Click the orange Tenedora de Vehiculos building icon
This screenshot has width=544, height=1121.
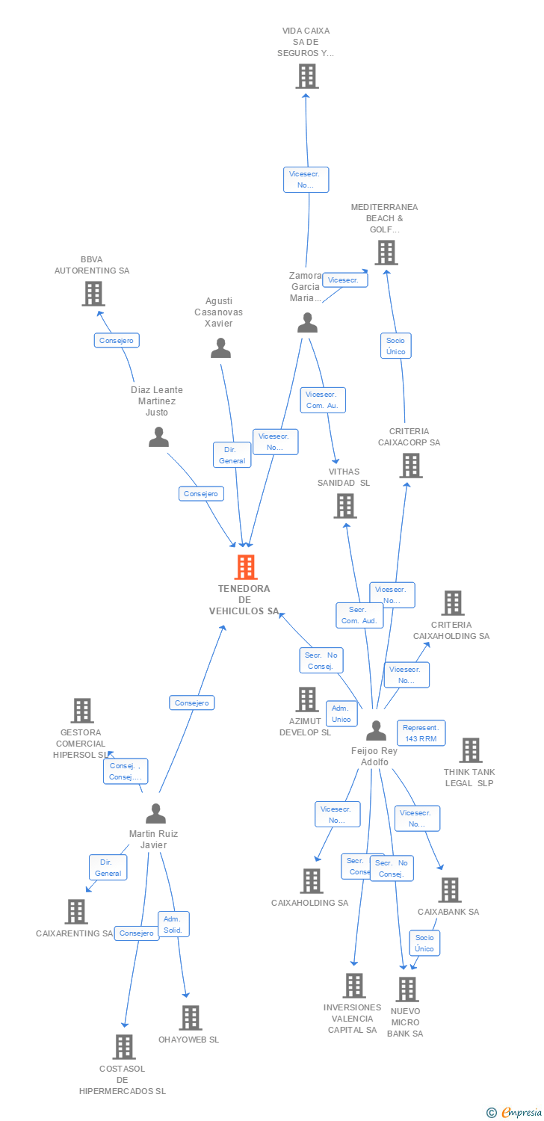246,567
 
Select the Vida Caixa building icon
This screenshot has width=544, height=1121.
306,76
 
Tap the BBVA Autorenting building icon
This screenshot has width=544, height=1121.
93,294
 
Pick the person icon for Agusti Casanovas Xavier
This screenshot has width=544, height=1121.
220,348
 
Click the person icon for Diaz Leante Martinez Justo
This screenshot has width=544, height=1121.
158,437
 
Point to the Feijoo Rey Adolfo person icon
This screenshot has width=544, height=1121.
376,730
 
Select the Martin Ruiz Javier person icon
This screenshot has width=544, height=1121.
155,813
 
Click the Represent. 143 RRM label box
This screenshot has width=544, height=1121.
421,733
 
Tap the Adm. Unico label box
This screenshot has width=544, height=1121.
341,714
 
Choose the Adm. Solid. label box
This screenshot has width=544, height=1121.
173,924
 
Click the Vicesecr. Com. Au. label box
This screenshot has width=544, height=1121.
322,400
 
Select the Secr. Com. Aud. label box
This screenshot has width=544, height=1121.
360,615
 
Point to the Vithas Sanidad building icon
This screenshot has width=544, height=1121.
345,506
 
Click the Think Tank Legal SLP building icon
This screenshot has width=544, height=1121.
470,750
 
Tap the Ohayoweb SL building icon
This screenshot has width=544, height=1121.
191,1018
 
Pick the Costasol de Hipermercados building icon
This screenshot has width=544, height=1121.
124,1047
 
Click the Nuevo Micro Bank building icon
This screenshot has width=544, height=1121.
407,989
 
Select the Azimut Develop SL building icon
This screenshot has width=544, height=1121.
306,700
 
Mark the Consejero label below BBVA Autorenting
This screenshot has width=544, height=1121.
117,340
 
